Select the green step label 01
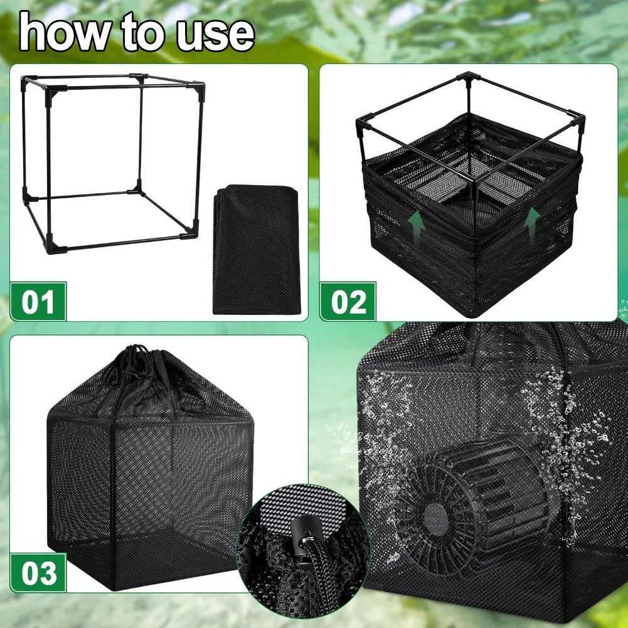click(38, 301)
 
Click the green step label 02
click(348, 301)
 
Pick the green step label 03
click(38, 573)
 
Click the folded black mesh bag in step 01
click(257, 249)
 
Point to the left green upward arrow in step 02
click(417, 225)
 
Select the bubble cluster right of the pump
click(565, 432)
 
